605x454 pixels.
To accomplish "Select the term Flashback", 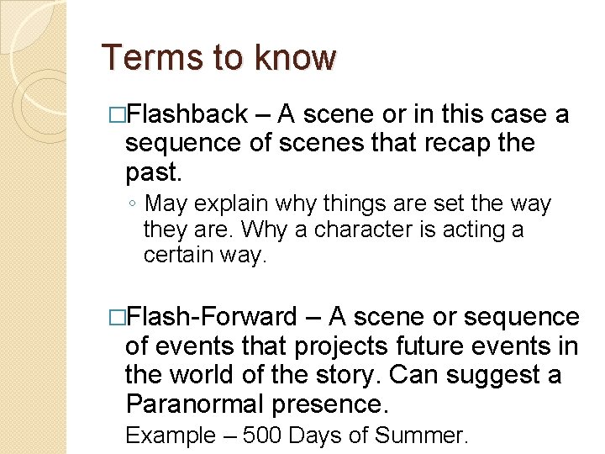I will click(190, 113).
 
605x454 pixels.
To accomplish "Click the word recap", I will click(450, 143).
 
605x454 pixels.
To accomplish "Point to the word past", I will click(152, 172).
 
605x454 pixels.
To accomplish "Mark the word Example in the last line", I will click(170, 436).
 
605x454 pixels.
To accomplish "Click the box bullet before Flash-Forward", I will click(117, 318).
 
